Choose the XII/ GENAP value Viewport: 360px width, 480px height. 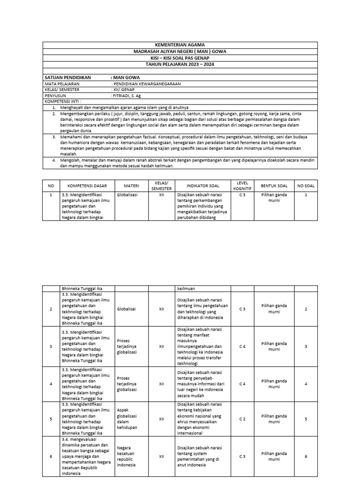pos(123,89)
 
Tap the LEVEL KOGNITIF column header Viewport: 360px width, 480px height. pos(242,186)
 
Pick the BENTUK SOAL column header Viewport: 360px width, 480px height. pos(274,186)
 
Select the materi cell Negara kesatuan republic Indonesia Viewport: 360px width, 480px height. pos(127,456)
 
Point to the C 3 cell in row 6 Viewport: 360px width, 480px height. pos(242,456)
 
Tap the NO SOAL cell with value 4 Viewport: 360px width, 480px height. pos(306,384)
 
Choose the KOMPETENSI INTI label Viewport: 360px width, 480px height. pos(62,101)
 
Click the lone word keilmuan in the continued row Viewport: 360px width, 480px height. pos(186,289)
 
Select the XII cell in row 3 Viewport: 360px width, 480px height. pos(161,346)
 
